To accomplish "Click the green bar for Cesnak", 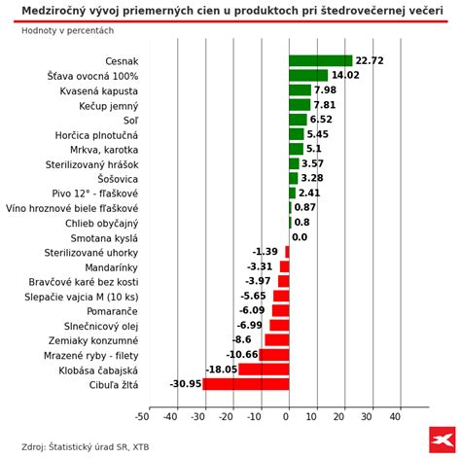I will [320, 60].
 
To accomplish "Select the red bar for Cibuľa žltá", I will [245, 384].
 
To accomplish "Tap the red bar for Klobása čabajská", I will [264, 370].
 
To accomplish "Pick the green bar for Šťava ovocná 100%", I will [308, 75].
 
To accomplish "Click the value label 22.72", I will [370, 60].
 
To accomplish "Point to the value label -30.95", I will [185, 384].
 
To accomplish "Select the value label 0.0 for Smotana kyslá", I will [300, 237].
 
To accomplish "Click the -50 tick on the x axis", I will [142, 416].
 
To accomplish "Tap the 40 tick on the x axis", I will [395, 416].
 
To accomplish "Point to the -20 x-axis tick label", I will [227, 416].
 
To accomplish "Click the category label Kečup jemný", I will [109, 105].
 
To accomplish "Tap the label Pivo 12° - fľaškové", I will [95, 194].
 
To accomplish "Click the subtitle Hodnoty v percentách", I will [67, 30].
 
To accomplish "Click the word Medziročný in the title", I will [58, 11].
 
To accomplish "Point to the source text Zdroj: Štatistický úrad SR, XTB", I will [86, 446].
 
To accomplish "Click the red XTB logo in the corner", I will [442, 440].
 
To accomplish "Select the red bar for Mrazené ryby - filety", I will [273, 355].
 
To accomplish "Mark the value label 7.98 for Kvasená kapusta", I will [325, 90].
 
